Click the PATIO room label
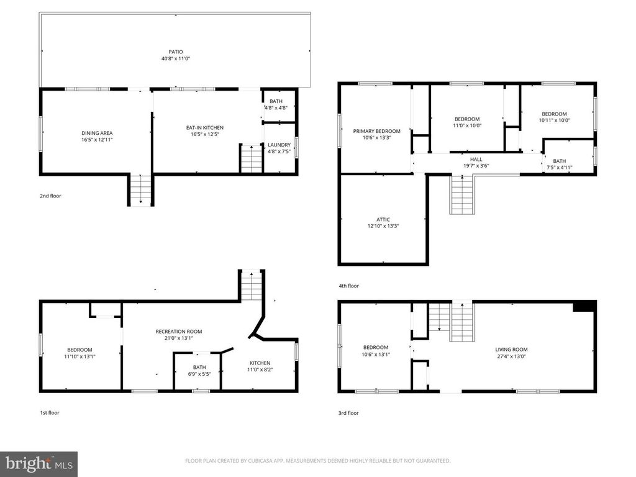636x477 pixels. tap(176, 52)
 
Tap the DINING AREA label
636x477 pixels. tap(97, 133)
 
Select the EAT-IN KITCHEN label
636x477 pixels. tap(205, 128)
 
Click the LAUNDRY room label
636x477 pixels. tap(279, 145)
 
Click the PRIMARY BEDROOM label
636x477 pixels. tap(376, 131)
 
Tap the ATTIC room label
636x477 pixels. tap(383, 219)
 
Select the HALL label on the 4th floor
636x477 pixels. tap(476, 160)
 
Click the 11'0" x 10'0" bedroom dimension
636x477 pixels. tap(467, 125)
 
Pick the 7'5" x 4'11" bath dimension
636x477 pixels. tap(559, 167)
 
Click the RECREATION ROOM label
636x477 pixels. tap(179, 332)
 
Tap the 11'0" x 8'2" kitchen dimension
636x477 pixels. tap(260, 370)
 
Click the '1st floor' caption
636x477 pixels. tap(49, 412)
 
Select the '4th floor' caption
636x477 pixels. tap(348, 286)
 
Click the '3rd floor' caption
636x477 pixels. tap(348, 412)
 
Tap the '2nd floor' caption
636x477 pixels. tap(50, 196)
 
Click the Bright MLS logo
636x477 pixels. tap(39, 463)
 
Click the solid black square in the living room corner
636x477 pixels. tap(583, 306)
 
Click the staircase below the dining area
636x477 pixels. tap(141, 190)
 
